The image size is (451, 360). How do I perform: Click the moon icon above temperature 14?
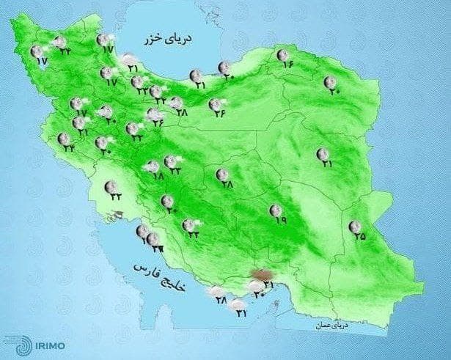(x=283, y=54)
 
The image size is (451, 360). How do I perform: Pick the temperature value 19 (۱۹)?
(x=278, y=219)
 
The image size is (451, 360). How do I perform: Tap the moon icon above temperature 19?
(x=276, y=209)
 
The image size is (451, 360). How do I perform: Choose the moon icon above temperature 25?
(x=356, y=225)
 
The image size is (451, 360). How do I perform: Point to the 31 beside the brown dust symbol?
(x=268, y=284)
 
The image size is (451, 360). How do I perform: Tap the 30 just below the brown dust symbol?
(x=258, y=295)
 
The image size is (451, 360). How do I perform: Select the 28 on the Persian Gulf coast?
(x=219, y=300)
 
